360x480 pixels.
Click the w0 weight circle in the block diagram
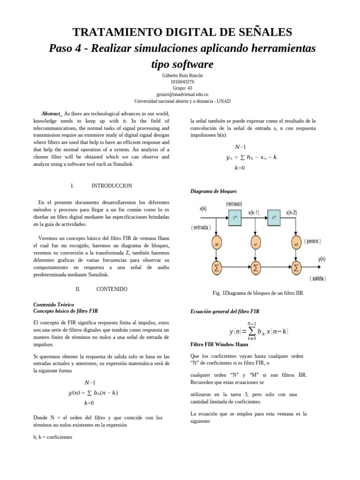tap(216, 244)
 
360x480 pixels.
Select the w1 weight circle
tap(256, 244)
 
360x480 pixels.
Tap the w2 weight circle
tap(296, 244)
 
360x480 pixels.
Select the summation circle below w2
tap(296, 268)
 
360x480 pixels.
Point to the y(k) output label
tap(322, 258)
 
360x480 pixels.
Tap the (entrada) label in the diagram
tap(201, 227)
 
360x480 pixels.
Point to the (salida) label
tap(318, 277)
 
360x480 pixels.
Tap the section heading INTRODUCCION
tap(112, 186)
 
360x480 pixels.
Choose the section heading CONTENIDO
tap(112, 289)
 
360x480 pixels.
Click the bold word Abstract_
tap(52, 114)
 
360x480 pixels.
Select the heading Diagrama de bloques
tap(213, 191)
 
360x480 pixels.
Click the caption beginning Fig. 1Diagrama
tap(258, 293)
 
